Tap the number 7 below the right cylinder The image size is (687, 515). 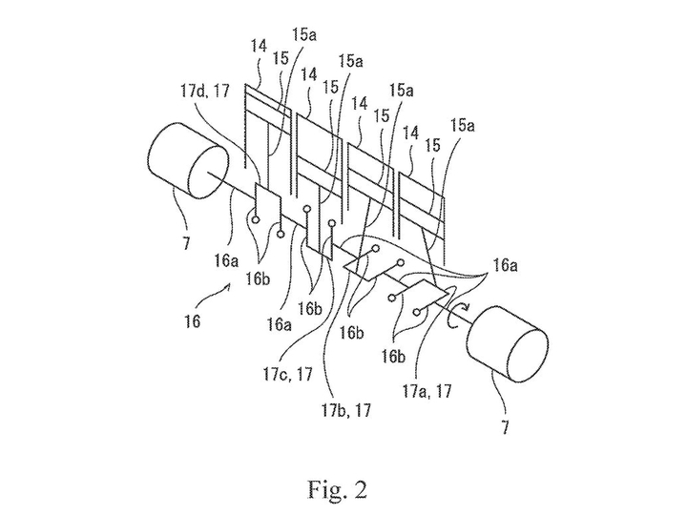click(x=501, y=421)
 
